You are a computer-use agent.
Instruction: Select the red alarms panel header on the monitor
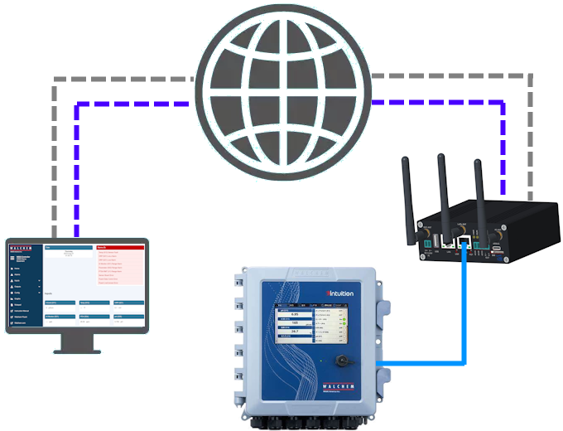click(x=119, y=247)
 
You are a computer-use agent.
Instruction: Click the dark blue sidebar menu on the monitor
click(x=23, y=294)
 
